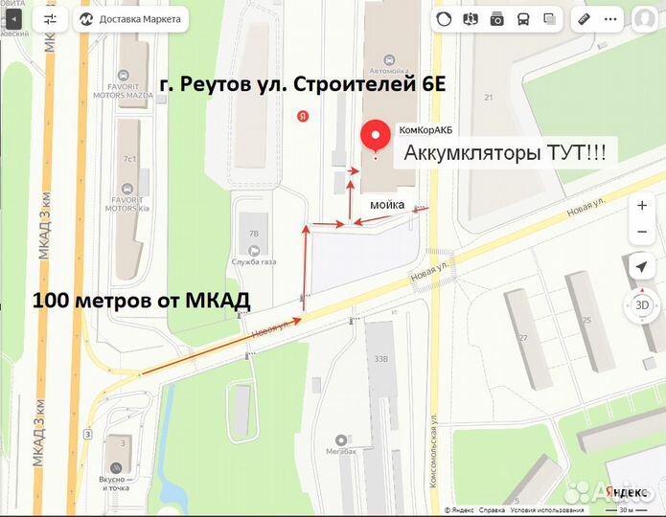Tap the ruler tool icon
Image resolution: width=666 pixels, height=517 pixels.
(584, 19)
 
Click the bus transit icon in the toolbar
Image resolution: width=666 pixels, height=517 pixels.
(523, 19)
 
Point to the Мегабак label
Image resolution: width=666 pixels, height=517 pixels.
(340, 451)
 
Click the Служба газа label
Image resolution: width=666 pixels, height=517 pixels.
(254, 262)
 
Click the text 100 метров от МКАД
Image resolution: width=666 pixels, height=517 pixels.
(142, 301)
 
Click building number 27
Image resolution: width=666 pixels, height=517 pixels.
(522, 338)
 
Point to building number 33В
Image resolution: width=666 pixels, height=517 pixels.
(380, 360)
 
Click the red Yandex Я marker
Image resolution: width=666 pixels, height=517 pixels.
(303, 116)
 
